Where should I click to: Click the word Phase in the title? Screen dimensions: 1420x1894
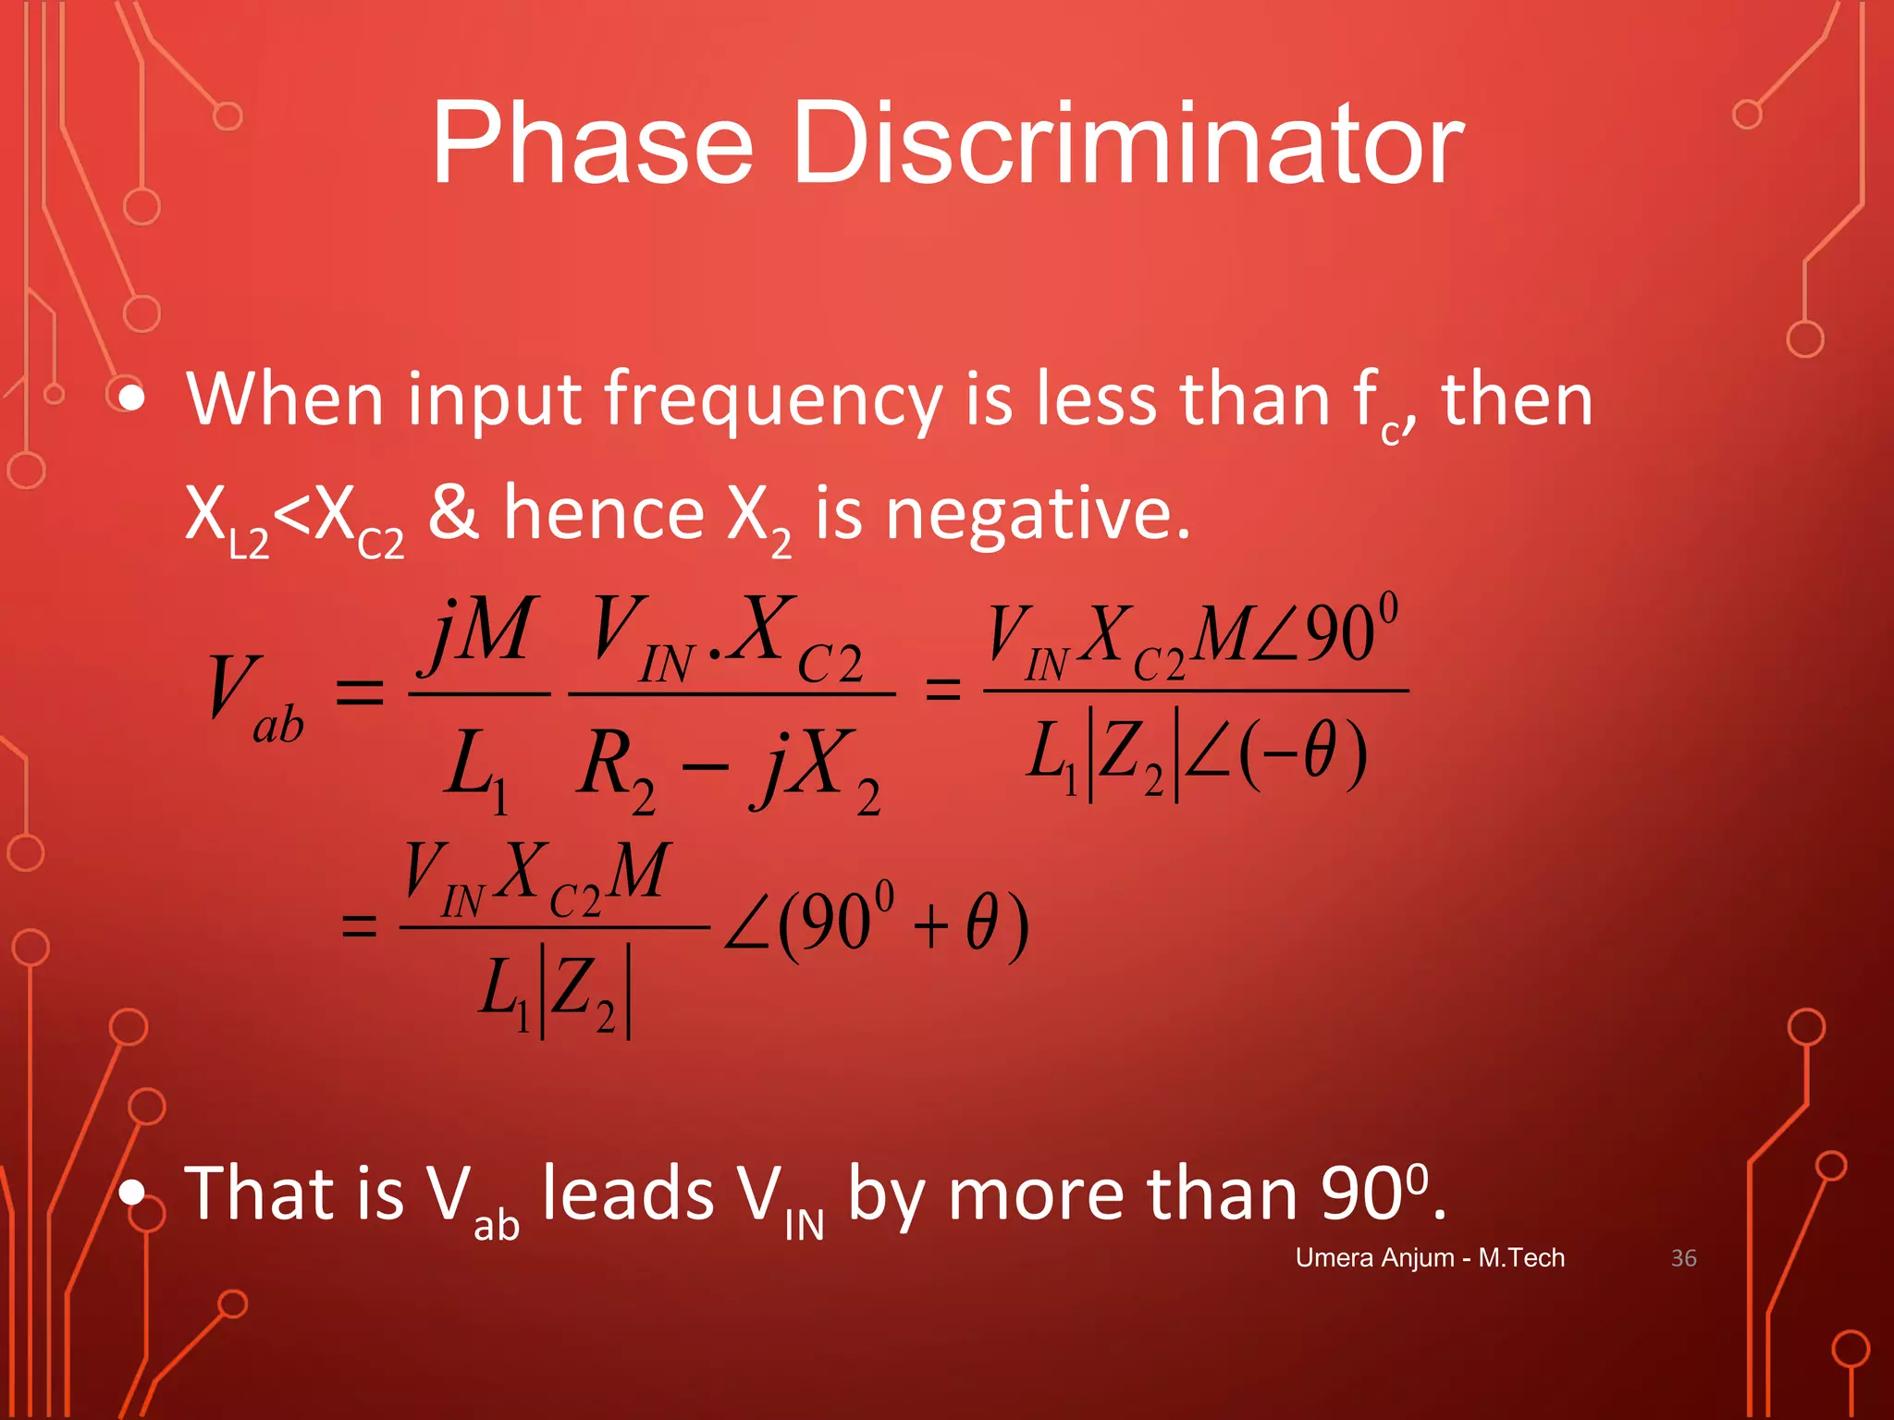[592, 146]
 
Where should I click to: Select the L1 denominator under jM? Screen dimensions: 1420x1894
[475, 767]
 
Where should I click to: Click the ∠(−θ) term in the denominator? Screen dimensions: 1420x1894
[1272, 753]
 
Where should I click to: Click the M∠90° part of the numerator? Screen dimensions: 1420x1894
[1295, 632]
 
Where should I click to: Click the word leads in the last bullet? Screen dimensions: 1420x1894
[629, 1194]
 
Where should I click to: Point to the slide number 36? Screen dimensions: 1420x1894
[1683, 1258]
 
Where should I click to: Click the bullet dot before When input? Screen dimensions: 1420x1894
[132, 398]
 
